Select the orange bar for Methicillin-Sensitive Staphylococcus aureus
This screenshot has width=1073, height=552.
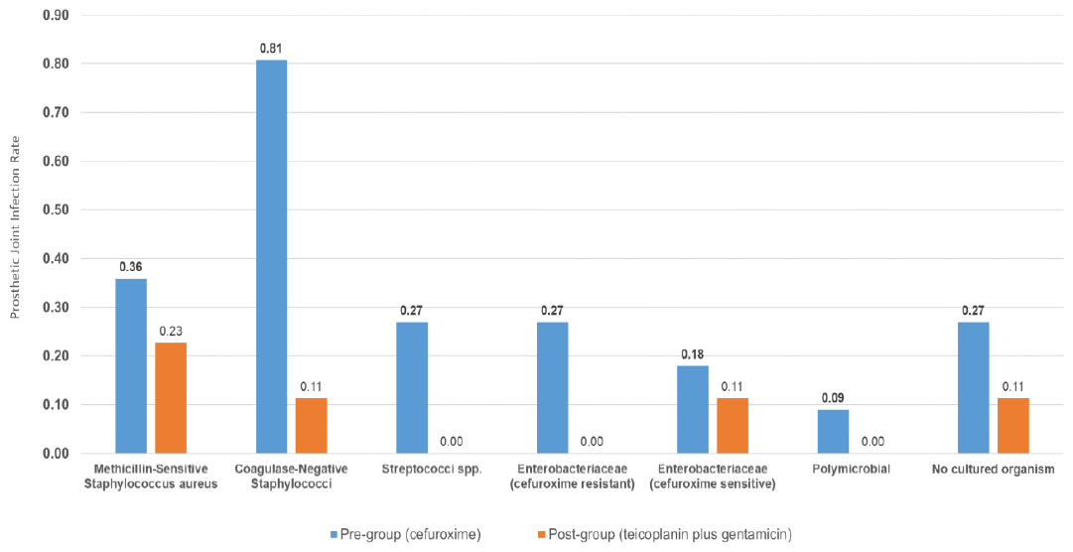point(171,397)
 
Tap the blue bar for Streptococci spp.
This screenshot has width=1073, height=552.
point(412,387)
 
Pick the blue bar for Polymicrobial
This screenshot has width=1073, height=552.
point(833,431)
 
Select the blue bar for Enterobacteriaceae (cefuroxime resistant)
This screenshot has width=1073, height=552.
point(553,387)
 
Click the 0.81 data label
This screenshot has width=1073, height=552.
point(271,48)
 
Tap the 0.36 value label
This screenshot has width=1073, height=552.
point(131,267)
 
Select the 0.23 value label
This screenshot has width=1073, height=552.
point(171,331)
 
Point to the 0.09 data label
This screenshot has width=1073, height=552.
point(833,398)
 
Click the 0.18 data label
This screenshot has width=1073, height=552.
point(693,354)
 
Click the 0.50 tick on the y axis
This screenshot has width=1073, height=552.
point(55,209)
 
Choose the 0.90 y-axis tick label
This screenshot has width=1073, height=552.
point(55,15)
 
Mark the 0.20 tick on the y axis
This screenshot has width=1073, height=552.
point(55,355)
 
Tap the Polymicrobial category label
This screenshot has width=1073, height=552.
point(833,469)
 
